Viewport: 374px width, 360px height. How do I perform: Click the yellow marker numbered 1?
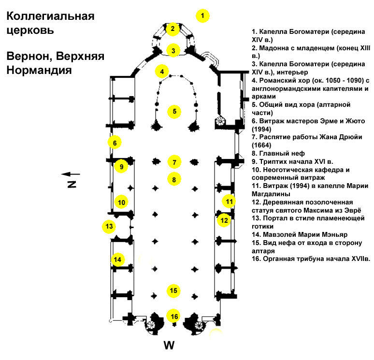click(x=202, y=16)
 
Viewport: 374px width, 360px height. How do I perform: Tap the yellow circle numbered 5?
click(x=174, y=112)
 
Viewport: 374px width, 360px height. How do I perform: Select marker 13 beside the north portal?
click(x=109, y=226)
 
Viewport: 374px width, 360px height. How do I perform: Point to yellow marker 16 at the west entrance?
click(x=174, y=317)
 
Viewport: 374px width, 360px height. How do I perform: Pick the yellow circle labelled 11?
click(x=229, y=202)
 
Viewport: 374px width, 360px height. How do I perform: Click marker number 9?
click(x=121, y=166)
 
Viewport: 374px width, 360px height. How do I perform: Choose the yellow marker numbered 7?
click(x=174, y=162)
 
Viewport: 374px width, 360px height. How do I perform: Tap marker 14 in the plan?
click(x=117, y=259)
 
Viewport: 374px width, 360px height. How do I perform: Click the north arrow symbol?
click(x=71, y=174)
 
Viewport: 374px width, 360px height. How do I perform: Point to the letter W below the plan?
click(x=169, y=345)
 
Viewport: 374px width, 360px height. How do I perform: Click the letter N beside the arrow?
click(x=72, y=185)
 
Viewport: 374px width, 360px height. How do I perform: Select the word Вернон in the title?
click(x=29, y=57)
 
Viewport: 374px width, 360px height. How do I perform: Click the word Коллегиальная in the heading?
click(x=51, y=16)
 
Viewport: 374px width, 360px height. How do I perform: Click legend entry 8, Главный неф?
click(x=278, y=153)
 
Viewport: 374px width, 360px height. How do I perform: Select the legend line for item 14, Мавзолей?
click(x=300, y=234)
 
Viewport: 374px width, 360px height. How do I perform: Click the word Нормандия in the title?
click(x=39, y=71)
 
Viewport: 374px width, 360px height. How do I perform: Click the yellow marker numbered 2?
click(x=173, y=29)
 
